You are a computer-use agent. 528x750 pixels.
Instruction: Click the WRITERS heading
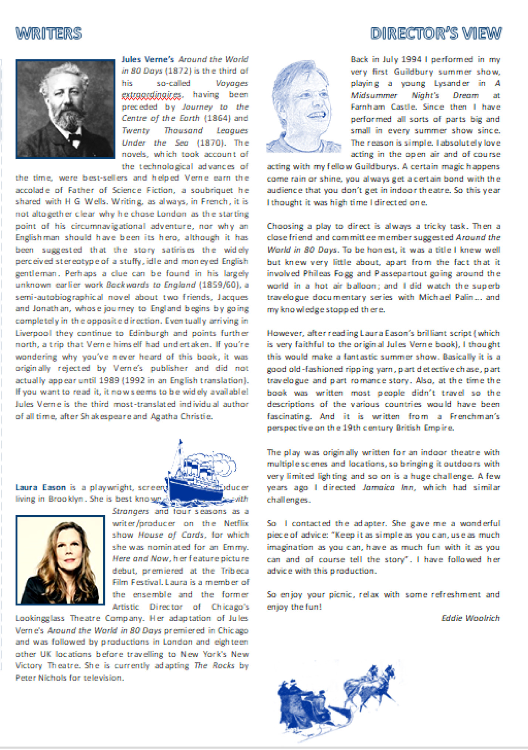click(48, 33)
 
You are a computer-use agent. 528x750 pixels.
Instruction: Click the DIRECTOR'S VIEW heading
click(436, 33)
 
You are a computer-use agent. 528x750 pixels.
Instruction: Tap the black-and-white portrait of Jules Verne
click(65, 109)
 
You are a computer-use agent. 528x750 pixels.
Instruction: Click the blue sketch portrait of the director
click(303, 107)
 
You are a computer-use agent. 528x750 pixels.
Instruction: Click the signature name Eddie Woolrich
click(470, 618)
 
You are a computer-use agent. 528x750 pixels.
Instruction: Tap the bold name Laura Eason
click(40, 487)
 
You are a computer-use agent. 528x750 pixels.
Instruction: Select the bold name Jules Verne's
click(148, 60)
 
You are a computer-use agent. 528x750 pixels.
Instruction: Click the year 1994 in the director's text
click(411, 60)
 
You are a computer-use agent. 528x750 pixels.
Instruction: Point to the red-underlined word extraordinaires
click(152, 95)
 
